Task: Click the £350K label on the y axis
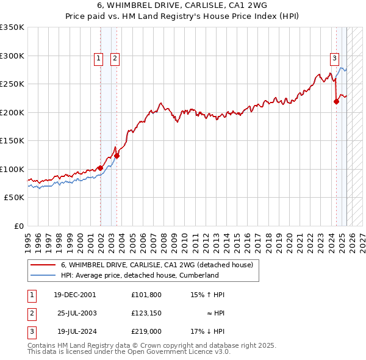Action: pyautogui.click(x=12, y=27)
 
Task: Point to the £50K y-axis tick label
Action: pyautogui.click(x=14, y=198)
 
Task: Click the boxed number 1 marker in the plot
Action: pyautogui.click(x=98, y=59)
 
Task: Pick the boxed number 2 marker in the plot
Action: pyautogui.click(x=115, y=59)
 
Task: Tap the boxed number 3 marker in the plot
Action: pyautogui.click(x=335, y=59)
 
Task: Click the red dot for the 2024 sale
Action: pyautogui.click(x=336, y=102)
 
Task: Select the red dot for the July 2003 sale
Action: pyautogui.click(x=117, y=156)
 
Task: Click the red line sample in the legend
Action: pyautogui.click(x=42, y=265)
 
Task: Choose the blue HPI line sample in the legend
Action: pyautogui.click(x=42, y=275)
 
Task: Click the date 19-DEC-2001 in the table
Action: pyautogui.click(x=75, y=295)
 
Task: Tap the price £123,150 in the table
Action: pyautogui.click(x=146, y=313)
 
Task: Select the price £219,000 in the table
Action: pyautogui.click(x=146, y=331)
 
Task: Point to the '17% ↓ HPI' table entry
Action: pyautogui.click(x=208, y=331)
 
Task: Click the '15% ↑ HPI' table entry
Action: pyautogui.click(x=208, y=295)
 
